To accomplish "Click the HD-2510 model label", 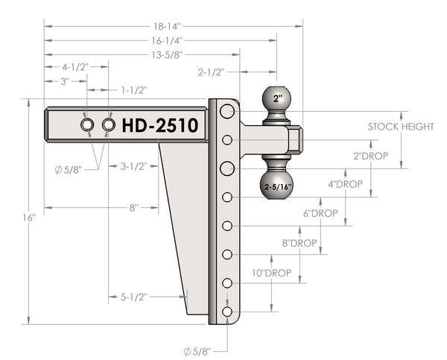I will (159, 125).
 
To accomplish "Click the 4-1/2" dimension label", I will (75, 66).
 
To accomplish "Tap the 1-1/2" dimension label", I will (134, 90).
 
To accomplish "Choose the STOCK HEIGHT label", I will (401, 127).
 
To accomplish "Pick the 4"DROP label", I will (345, 184).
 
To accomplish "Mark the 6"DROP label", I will (320, 213).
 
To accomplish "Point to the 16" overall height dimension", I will (29, 218).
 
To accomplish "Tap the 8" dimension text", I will (133, 208).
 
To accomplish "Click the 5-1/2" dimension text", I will (134, 297).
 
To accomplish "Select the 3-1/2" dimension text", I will (134, 166).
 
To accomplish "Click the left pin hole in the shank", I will (87, 124).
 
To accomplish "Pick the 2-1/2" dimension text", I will (212, 72).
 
